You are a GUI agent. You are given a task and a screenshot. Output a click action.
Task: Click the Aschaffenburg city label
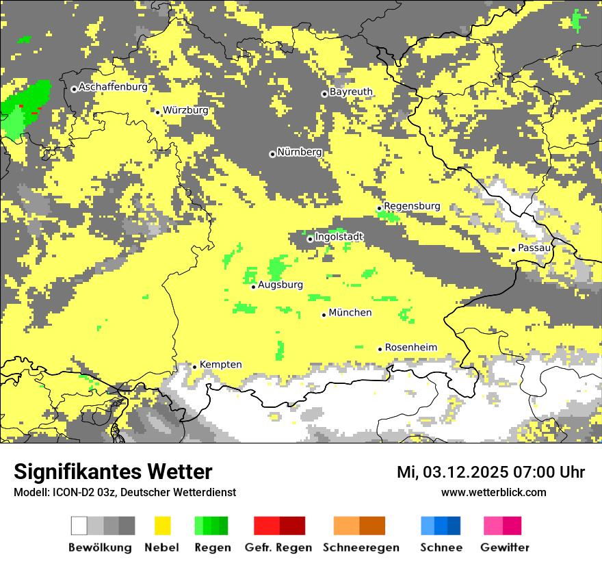click(x=113, y=88)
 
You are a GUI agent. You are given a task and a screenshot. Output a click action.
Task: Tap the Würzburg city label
click(x=185, y=110)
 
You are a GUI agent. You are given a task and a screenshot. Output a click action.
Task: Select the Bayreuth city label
click(x=351, y=92)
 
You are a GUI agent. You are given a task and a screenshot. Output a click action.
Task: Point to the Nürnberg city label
click(x=299, y=153)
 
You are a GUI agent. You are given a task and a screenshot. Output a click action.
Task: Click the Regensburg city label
click(x=412, y=206)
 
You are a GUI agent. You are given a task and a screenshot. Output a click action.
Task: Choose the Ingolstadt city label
click(x=339, y=237)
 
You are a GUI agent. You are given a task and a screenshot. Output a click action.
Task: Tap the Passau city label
click(x=534, y=248)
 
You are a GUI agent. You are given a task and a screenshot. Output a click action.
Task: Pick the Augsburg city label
click(x=280, y=285)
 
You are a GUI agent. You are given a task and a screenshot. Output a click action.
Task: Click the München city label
click(x=350, y=313)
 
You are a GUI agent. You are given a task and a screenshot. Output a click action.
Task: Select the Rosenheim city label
click(x=410, y=348)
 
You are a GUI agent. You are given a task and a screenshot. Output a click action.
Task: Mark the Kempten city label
click(x=220, y=365)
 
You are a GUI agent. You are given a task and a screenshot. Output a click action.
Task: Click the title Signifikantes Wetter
click(x=113, y=472)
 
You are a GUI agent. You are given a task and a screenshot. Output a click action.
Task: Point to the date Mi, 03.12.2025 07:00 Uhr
click(x=490, y=472)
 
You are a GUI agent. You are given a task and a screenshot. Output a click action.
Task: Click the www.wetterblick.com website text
click(x=493, y=492)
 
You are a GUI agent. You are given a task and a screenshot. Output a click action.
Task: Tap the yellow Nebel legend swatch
click(x=162, y=526)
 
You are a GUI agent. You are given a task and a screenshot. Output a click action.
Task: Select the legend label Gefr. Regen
click(x=279, y=547)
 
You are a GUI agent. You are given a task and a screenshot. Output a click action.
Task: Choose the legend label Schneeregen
click(x=361, y=547)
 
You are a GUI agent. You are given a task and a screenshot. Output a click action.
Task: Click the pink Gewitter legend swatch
click(x=502, y=526)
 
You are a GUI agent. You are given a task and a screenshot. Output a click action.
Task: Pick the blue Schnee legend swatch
click(x=441, y=526)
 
